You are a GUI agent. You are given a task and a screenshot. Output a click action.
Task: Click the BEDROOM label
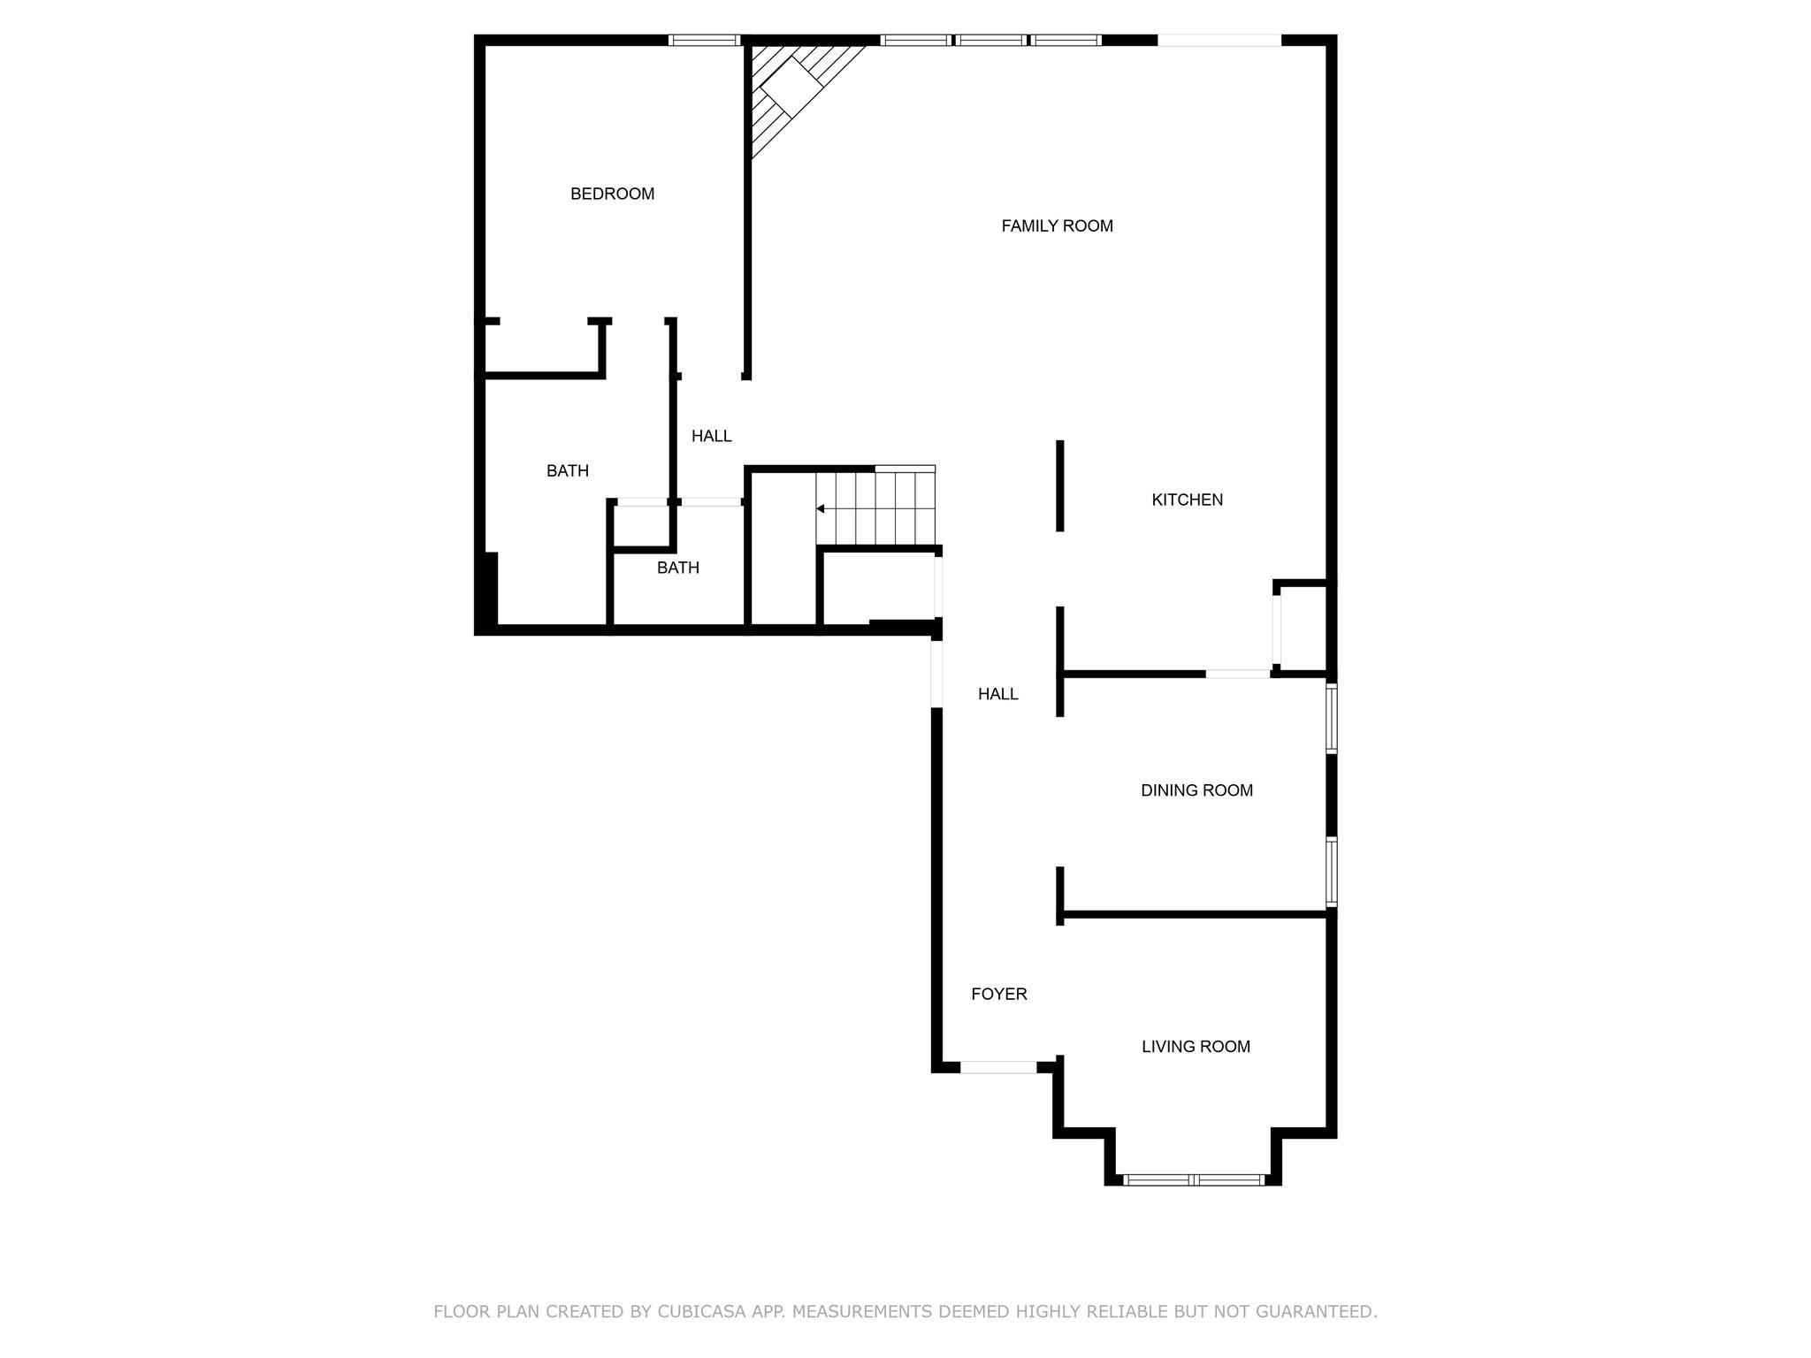[x=612, y=194]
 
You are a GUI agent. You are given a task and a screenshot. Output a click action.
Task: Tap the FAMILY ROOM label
[x=1057, y=226]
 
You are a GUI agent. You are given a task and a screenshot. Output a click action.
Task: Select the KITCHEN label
[x=1187, y=500]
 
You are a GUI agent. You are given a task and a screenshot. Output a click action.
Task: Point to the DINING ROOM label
[x=1196, y=790]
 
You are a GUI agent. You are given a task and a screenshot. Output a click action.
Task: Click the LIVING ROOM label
[x=1196, y=1047]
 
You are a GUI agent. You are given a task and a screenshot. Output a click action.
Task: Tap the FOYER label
[x=999, y=994]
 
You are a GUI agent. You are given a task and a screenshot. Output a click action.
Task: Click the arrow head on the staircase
[x=821, y=509]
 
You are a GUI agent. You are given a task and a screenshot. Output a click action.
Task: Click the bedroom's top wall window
[x=704, y=40]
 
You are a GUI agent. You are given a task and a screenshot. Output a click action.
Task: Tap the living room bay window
[x=1193, y=1179]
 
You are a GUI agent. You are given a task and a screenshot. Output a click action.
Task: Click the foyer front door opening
[x=998, y=1067]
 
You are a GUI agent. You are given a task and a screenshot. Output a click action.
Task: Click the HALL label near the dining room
[x=998, y=694]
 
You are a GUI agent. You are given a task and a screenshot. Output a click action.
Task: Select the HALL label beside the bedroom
[x=712, y=436]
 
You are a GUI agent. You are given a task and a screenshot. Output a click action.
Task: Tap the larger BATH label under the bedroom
[x=568, y=471]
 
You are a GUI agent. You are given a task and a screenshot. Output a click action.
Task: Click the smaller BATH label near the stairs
[x=678, y=568]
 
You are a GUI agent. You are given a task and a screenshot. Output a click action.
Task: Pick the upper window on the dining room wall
[x=1331, y=717]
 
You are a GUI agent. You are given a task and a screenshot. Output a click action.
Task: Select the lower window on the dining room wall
[x=1331, y=872]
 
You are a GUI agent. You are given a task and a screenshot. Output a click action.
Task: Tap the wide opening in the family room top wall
[x=1219, y=40]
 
